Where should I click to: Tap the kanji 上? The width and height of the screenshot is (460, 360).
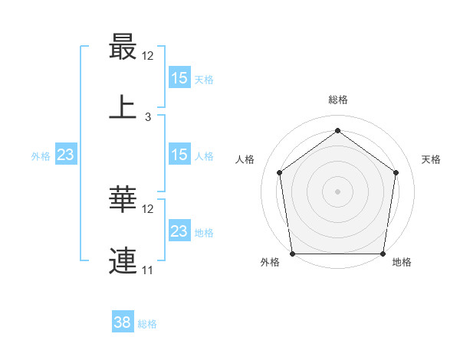[x=123, y=107]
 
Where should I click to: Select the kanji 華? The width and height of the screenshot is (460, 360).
[x=123, y=201]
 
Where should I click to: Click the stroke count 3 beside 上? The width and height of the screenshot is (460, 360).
[x=148, y=117]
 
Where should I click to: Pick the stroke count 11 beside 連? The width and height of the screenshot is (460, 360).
[x=148, y=270]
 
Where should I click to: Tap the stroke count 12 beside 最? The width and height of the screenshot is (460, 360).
[x=148, y=56]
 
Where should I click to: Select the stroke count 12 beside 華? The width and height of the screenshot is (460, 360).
[x=148, y=209]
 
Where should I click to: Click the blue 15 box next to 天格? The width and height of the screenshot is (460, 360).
[x=179, y=77]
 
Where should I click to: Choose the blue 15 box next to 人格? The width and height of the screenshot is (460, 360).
[x=179, y=155]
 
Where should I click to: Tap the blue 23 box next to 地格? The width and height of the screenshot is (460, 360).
[x=179, y=231]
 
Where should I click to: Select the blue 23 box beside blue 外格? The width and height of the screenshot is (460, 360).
[x=66, y=155]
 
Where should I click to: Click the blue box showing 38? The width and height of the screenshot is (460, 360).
[x=123, y=322]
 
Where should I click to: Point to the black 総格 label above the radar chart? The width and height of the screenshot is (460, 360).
[x=338, y=100]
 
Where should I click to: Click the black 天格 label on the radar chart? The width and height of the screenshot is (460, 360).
[x=431, y=159]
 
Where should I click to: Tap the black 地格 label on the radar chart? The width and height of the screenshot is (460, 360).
[x=402, y=263]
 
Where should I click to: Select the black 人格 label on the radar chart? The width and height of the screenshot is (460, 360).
[x=245, y=159]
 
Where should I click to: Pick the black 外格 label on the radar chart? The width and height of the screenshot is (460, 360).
[x=270, y=263]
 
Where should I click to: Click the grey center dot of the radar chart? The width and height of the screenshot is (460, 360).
[x=337, y=191]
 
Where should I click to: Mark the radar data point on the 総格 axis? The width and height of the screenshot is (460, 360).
[x=337, y=130]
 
